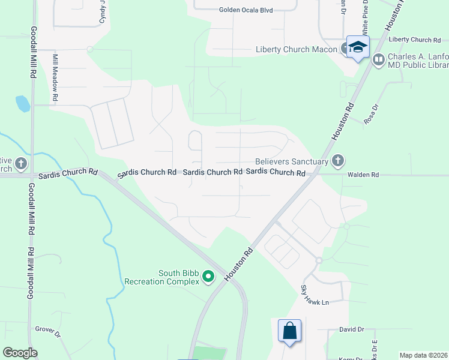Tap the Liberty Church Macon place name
point(296,49)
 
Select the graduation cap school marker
point(358,47)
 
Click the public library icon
point(379,59)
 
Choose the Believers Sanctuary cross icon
point(338,160)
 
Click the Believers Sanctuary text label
point(292,161)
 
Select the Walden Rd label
point(363,175)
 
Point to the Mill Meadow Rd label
point(55,77)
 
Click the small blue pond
point(23,104)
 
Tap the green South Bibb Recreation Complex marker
point(208,277)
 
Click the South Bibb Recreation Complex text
point(161,277)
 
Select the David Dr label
point(352,329)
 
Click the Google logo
point(20,352)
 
